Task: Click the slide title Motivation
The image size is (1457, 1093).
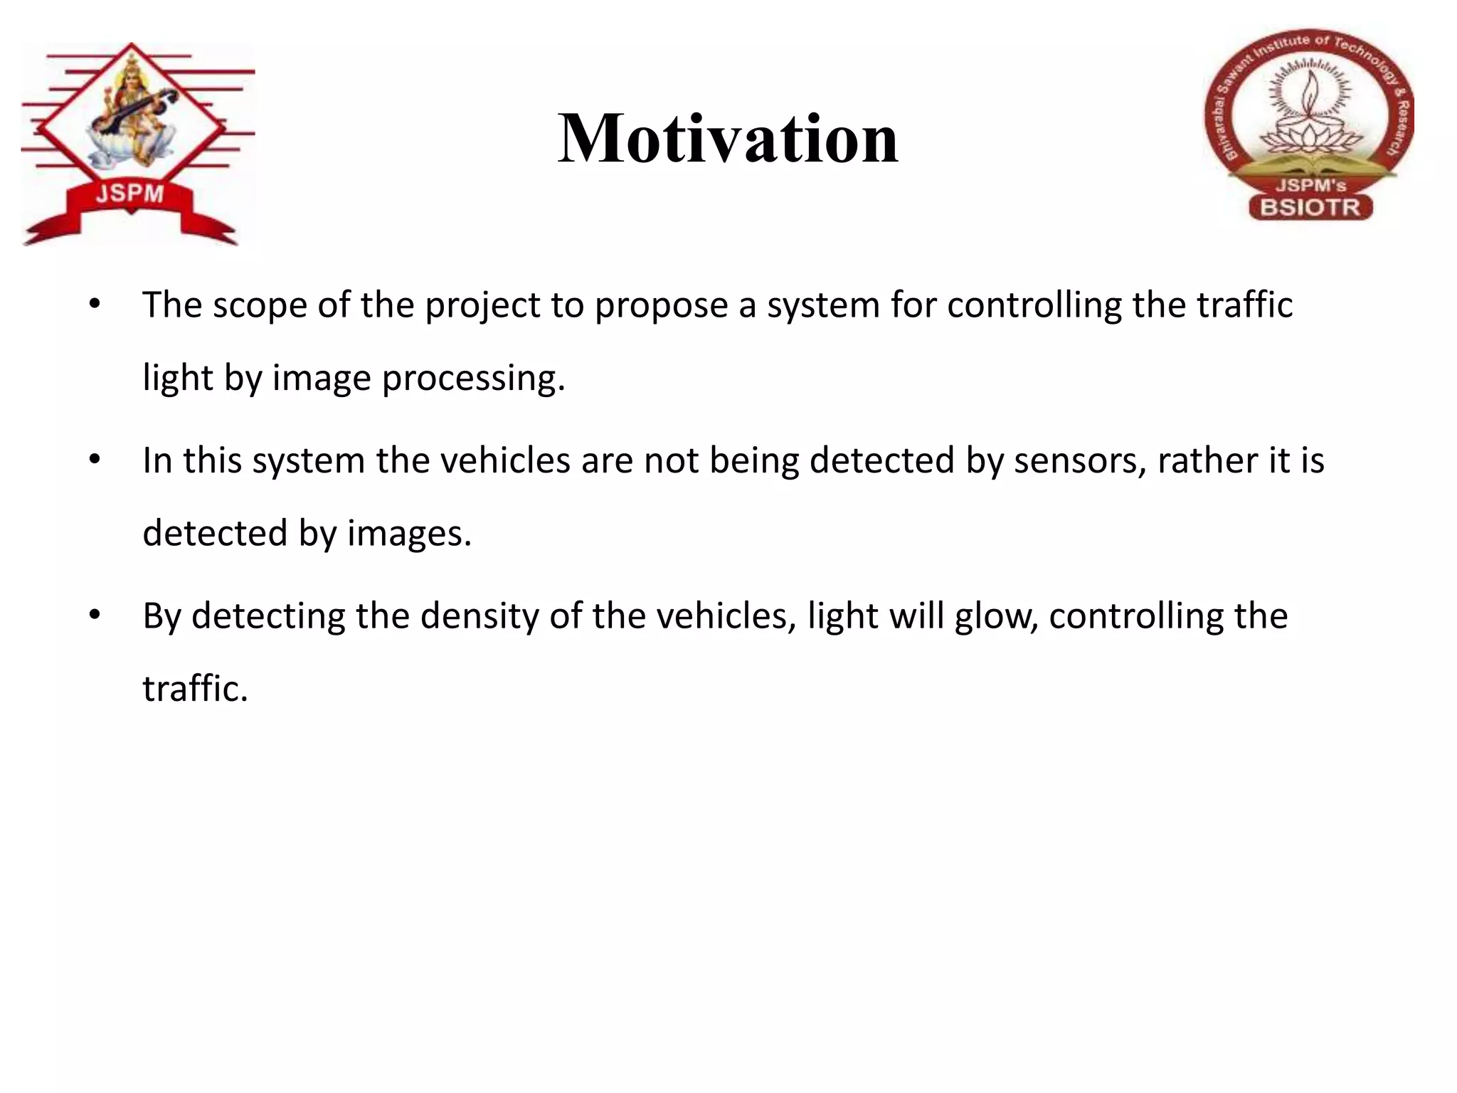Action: coord(728,139)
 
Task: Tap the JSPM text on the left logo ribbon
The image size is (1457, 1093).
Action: coord(130,193)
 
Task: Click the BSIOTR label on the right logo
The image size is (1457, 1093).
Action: coord(1310,208)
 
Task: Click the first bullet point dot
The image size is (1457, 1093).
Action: coord(95,305)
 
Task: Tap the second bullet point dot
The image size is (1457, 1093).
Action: coord(95,460)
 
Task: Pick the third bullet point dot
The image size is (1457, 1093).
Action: coord(95,616)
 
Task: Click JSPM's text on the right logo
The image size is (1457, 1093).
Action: coord(1310,186)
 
